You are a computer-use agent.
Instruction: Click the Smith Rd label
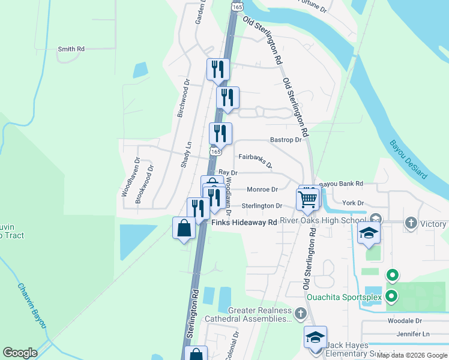point(71,49)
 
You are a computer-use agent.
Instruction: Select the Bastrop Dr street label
point(285,140)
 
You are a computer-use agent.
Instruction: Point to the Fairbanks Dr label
point(255,160)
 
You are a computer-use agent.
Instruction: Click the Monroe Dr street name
point(262,189)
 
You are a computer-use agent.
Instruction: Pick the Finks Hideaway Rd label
point(245,222)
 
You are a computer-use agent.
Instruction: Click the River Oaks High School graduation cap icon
point(369,233)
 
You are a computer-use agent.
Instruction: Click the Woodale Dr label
point(405,321)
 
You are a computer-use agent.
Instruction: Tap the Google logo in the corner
point(20,353)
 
